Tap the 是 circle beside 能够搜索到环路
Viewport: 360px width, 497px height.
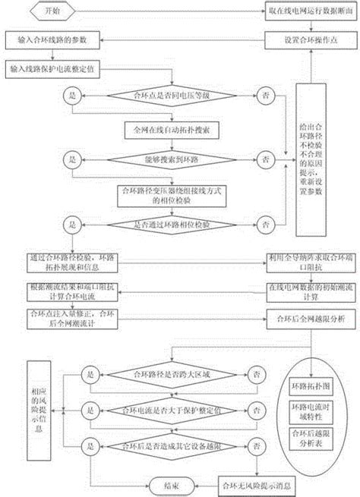point(74,160)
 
